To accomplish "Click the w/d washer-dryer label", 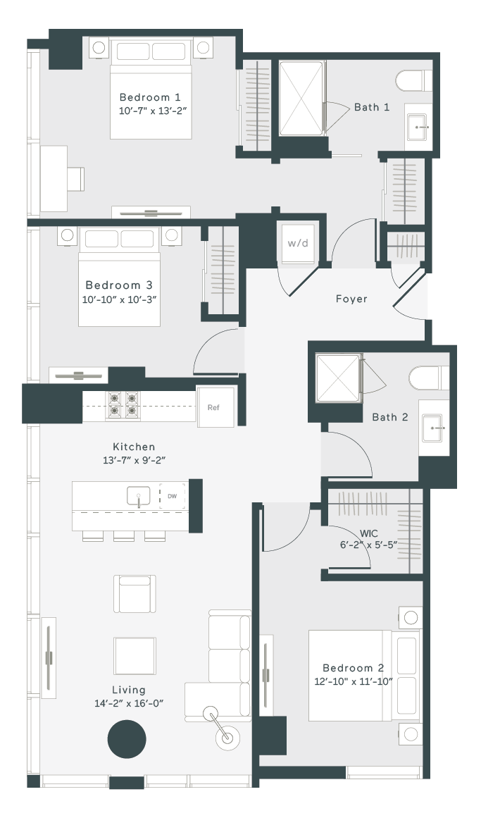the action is point(298,243).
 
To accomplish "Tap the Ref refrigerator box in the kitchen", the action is point(213,407).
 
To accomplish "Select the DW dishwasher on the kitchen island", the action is point(172,497).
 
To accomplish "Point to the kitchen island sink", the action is point(139,496).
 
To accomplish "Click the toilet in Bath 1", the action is point(414,81).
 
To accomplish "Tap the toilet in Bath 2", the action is point(429,378).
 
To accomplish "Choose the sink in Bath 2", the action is point(433,428).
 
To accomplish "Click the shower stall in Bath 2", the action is point(339,379).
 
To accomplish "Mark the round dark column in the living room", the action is point(127,738).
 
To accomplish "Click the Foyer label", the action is point(351,299).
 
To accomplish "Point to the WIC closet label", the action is point(369,533).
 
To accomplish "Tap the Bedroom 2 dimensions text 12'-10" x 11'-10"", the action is point(354,681).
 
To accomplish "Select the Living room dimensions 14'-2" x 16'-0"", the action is point(129,703).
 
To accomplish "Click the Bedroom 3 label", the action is point(120,285).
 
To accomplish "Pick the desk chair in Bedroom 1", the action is point(75,179).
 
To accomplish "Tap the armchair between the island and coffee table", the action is point(135,594).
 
